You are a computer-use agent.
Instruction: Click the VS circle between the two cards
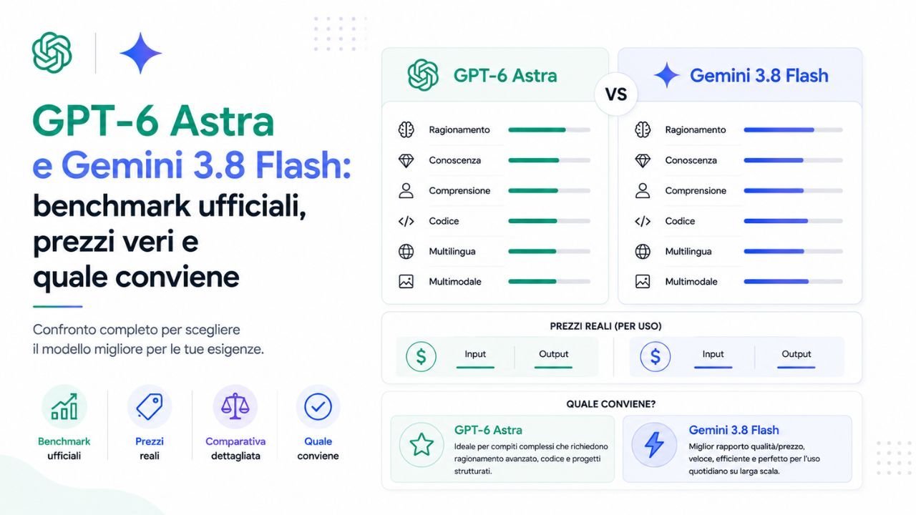click(x=616, y=94)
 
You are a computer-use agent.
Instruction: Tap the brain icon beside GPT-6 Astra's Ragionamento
click(x=406, y=130)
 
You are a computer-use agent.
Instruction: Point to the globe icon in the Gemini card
click(x=643, y=251)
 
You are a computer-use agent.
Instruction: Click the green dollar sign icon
click(x=421, y=356)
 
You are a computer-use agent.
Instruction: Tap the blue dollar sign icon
click(x=655, y=356)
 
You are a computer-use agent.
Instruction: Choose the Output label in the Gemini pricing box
click(x=796, y=354)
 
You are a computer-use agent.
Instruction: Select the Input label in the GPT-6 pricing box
click(x=475, y=354)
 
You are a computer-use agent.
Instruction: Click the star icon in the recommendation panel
click(x=422, y=445)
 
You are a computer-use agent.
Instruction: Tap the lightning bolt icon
click(x=654, y=445)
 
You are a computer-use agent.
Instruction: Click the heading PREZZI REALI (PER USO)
click(x=605, y=326)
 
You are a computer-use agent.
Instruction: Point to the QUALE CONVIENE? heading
click(x=611, y=404)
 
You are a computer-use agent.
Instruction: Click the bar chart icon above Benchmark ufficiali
click(x=64, y=407)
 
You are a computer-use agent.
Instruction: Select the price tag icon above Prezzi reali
click(x=150, y=407)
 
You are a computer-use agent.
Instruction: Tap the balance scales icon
click(x=235, y=406)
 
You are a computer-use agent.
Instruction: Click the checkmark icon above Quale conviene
click(x=318, y=407)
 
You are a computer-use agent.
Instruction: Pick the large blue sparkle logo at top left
click(x=141, y=53)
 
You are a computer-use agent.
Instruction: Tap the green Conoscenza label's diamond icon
click(x=406, y=161)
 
